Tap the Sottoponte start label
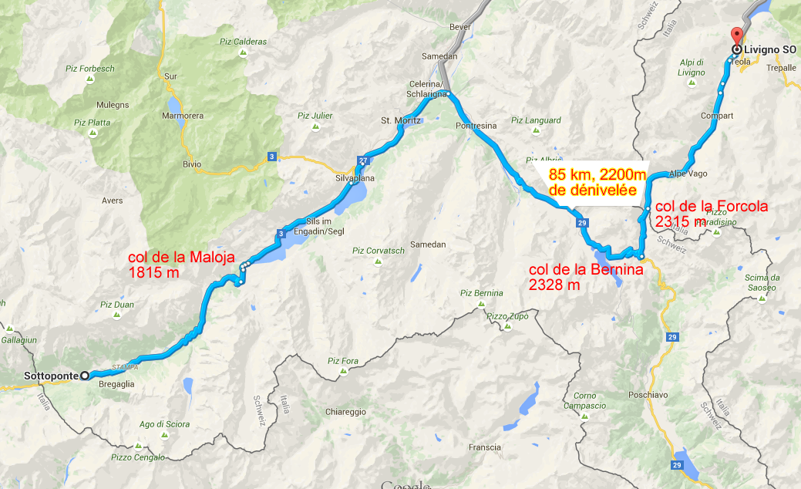[51, 376]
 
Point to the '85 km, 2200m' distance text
[597, 175]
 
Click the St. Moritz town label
[400, 121]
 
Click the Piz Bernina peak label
[482, 293]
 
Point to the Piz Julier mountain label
[315, 116]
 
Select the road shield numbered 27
[363, 160]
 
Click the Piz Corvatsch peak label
[378, 250]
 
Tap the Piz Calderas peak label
[242, 42]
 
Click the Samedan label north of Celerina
[439, 57]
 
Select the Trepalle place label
[771, 67]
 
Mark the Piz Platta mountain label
[92, 122]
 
